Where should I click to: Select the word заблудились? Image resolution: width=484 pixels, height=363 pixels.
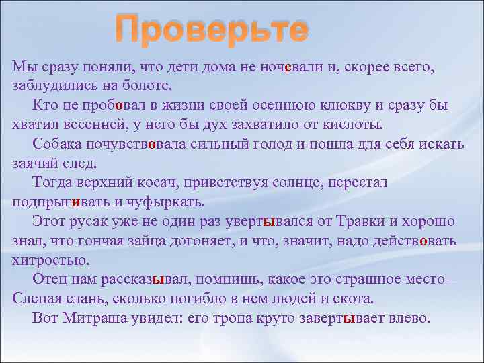[x=52, y=86]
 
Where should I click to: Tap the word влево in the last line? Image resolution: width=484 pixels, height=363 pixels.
[x=409, y=318]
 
